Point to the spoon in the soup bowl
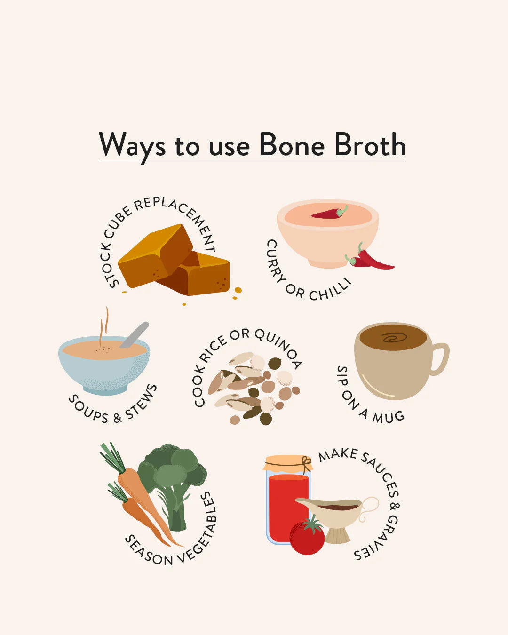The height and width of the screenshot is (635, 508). [x=135, y=334]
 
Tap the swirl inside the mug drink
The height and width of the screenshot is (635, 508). [x=394, y=337]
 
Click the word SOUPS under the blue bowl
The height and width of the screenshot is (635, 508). [x=88, y=409]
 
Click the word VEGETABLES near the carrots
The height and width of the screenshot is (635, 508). [x=200, y=527]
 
